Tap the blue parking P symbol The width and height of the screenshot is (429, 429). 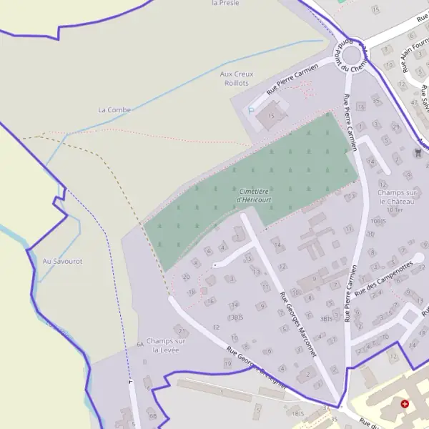pyautogui.click(x=251, y=110)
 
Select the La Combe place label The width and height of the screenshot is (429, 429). pyautogui.click(x=114, y=109)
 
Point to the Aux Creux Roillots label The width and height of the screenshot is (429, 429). pyautogui.click(x=237, y=78)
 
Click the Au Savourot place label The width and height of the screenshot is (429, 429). pyautogui.click(x=62, y=261)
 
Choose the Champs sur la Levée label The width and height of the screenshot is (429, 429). pyautogui.click(x=165, y=345)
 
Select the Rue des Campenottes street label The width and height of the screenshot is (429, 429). pyautogui.click(x=384, y=278)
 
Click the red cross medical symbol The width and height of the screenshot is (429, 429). pyautogui.click(x=405, y=403)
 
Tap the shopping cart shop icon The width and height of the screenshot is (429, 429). pyautogui.click(x=418, y=152)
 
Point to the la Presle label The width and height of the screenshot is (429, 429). pyautogui.click(x=225, y=3)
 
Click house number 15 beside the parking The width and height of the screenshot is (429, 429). pyautogui.click(x=271, y=115)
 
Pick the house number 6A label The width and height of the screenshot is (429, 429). pyautogui.click(x=140, y=344)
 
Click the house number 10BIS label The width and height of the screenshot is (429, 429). pyautogui.click(x=378, y=222)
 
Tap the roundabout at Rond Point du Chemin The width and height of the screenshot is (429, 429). pyautogui.click(x=350, y=54)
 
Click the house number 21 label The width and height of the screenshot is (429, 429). pyautogui.click(x=182, y=330)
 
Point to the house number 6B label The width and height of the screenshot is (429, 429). pyautogui.click(x=152, y=415)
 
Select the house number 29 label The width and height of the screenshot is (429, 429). pyautogui.click(x=396, y=127)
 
